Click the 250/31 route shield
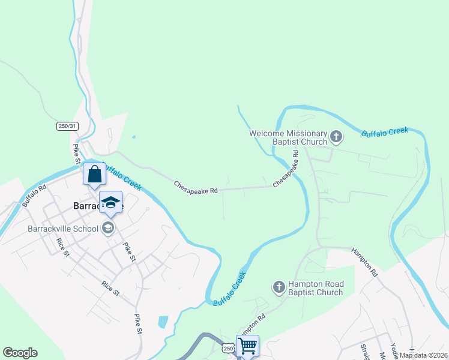(68, 126)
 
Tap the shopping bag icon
(94, 175)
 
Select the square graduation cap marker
(110, 202)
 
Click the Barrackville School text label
(64, 228)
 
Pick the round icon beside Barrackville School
(108, 227)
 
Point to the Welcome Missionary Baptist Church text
(288, 137)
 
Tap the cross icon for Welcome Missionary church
(336, 137)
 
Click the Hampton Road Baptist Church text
(315, 289)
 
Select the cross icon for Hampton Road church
(279, 288)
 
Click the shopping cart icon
(247, 345)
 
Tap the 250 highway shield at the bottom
(228, 349)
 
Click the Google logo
(20, 353)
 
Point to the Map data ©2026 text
(423, 355)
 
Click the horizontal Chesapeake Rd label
(195, 187)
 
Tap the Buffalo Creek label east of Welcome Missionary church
(385, 132)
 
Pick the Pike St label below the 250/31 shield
(77, 154)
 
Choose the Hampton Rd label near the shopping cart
(255, 325)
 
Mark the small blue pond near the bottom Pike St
(163, 322)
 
